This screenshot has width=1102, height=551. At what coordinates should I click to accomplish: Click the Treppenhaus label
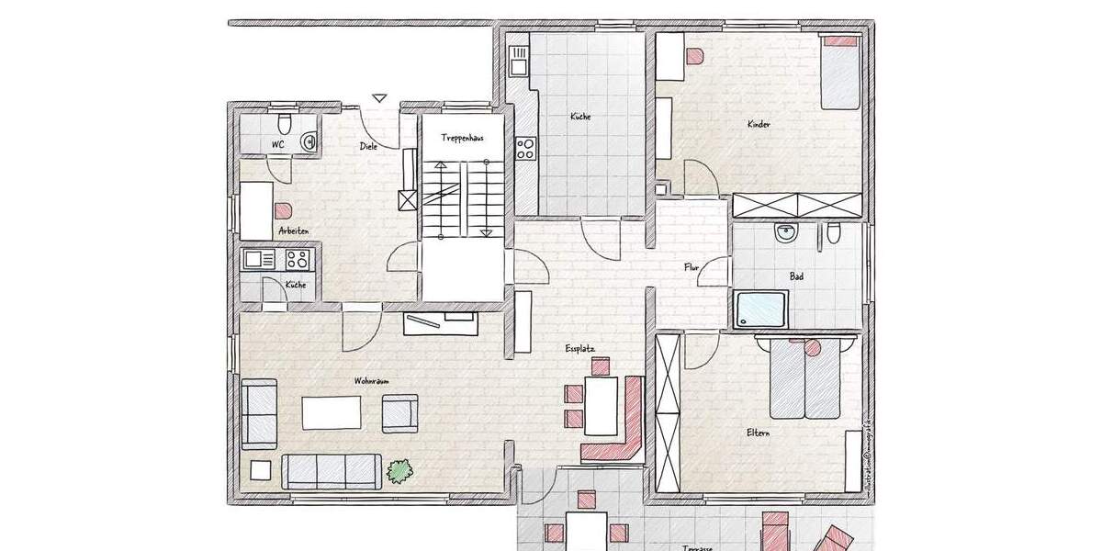462,138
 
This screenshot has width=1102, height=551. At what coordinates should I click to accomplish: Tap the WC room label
277,145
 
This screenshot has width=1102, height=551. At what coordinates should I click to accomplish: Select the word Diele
368,146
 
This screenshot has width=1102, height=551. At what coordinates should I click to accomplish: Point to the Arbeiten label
294,231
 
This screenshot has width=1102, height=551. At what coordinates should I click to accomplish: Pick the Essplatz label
581,349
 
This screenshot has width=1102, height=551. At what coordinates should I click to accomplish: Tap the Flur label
692,267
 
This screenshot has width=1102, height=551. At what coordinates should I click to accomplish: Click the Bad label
797,275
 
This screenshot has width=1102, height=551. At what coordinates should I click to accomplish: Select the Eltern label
758,432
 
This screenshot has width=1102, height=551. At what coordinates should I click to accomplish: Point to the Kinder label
759,124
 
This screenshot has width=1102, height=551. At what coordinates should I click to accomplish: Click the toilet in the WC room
284,123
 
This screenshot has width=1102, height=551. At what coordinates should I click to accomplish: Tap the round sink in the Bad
786,232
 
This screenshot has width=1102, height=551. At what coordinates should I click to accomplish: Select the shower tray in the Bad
760,309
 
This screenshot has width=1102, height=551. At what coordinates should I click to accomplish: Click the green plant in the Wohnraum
399,471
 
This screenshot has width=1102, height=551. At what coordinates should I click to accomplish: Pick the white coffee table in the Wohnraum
332,411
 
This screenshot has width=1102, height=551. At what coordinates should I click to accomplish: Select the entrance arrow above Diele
380,96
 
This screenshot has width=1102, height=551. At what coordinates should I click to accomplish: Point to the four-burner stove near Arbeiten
296,259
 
